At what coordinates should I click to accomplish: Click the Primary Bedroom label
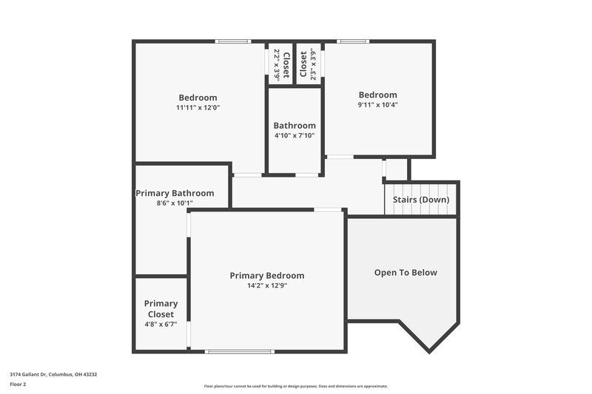(x=266, y=276)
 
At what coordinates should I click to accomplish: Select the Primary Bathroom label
(x=175, y=194)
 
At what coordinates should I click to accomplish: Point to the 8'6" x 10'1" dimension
(x=175, y=203)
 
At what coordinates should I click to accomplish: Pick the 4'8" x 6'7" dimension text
(x=161, y=325)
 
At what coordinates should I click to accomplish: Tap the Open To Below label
(x=406, y=273)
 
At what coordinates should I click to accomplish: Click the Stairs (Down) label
(x=421, y=200)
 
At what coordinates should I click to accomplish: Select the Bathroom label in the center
(x=295, y=126)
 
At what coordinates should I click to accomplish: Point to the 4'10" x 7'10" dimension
(x=295, y=135)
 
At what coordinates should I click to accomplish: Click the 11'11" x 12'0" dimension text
(x=198, y=108)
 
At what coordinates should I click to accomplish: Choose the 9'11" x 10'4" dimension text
(x=377, y=105)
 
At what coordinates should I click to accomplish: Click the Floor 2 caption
(x=18, y=384)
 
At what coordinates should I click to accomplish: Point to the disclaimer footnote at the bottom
(x=295, y=386)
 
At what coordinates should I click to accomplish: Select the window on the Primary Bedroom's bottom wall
(x=235, y=351)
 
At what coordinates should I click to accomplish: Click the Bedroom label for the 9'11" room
(x=377, y=95)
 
